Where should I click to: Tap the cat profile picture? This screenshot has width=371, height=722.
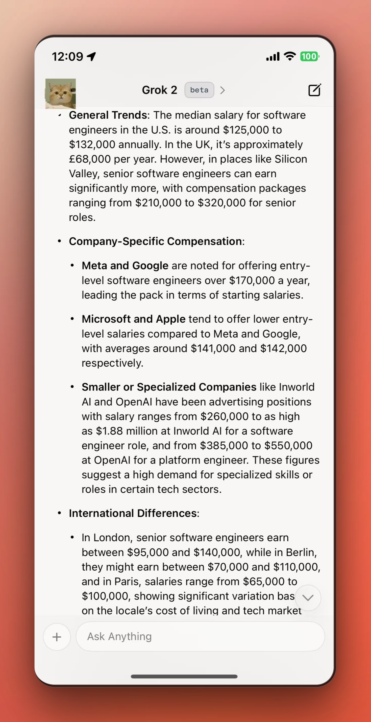point(61,93)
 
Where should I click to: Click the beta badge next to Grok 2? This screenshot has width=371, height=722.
point(199,90)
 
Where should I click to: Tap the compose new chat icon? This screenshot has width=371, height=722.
point(314,90)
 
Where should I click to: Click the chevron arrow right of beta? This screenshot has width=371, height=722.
point(223,90)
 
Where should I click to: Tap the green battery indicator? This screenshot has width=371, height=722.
point(309,56)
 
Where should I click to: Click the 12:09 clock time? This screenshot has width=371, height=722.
point(68,57)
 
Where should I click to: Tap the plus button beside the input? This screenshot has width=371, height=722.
point(57,637)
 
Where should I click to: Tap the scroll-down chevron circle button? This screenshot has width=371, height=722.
point(308,598)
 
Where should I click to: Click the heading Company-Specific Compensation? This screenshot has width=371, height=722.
point(156,241)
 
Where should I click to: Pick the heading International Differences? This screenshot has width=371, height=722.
point(133,513)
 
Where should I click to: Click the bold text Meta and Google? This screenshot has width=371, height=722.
point(125,266)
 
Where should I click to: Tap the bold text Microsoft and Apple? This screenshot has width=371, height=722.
point(133,319)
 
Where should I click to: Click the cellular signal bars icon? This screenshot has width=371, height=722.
point(273,56)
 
